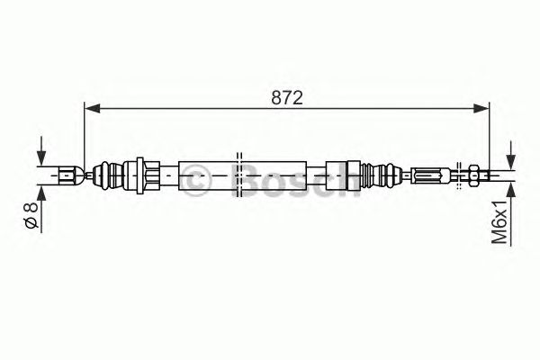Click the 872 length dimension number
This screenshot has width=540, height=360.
(287, 98)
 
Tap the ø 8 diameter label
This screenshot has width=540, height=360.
(31, 215)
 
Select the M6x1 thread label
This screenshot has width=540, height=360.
(499, 222)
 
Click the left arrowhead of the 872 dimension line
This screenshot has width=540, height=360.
(92, 108)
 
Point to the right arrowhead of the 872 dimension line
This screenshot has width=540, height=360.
(481, 108)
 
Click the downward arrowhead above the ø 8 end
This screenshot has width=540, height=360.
(41, 159)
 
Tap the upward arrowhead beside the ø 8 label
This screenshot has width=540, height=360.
(41, 192)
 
